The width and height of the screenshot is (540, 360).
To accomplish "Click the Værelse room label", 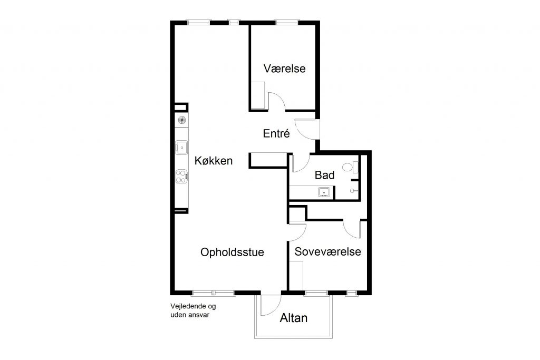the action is [x=284, y=68].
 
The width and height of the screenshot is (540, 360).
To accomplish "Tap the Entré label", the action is [x=276, y=133].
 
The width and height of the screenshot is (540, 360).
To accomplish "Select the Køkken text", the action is [x=214, y=160].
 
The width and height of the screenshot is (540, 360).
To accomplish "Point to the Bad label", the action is [x=324, y=175].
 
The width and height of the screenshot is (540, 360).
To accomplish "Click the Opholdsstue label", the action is [x=232, y=252].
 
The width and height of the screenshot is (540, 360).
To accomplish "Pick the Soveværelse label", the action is [x=328, y=251].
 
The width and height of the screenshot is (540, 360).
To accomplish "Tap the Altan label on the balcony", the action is [x=293, y=318].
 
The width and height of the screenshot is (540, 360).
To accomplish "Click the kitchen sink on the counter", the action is [x=181, y=148].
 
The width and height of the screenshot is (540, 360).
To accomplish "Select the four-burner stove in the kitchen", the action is [x=181, y=177].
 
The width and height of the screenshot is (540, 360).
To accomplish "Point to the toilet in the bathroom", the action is [x=350, y=168].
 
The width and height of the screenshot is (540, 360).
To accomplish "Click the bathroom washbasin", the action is [x=324, y=192].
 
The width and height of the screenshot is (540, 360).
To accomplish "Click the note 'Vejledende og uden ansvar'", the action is [x=193, y=310].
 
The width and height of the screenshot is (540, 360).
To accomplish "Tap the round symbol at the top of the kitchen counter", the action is [x=182, y=120].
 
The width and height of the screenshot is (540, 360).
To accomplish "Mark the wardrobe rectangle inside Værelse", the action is [x=258, y=95].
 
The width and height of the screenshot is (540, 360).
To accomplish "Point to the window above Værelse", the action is [x=287, y=23].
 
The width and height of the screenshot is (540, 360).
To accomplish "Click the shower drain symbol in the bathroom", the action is [x=352, y=190].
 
